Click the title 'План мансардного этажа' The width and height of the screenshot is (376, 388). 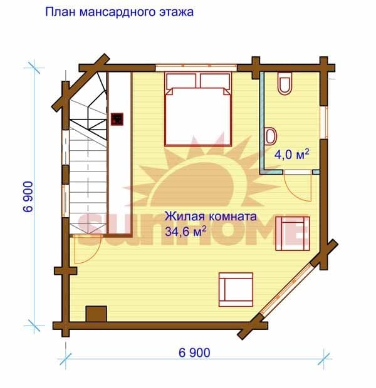click(x=119, y=12)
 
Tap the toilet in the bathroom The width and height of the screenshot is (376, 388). click(x=285, y=83)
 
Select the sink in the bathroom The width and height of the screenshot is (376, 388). click(x=271, y=136)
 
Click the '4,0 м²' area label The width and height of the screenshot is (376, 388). click(x=292, y=155)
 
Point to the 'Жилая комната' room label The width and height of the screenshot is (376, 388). click(x=211, y=217)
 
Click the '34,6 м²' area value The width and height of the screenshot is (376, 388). click(x=185, y=232)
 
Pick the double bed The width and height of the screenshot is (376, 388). click(x=198, y=109)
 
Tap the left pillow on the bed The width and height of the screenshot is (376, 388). click(x=182, y=81)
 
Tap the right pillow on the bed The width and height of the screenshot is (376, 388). click(x=215, y=81)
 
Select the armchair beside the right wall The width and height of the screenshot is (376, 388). click(x=293, y=233)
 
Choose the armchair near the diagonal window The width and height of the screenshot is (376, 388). click(x=236, y=290)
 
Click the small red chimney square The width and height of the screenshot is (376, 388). click(x=117, y=120)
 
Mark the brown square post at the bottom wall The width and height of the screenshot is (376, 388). click(x=96, y=314)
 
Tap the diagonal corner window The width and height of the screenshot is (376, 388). click(x=286, y=290)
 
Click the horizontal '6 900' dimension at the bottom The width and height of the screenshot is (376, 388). click(x=194, y=352)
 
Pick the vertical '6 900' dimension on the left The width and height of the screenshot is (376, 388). click(x=28, y=197)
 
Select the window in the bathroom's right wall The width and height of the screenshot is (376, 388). click(x=324, y=123)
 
